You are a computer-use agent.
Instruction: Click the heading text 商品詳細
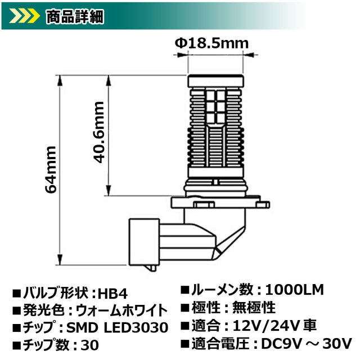coord(71,17)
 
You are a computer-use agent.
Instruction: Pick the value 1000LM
coord(295,290)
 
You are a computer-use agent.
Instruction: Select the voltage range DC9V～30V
coord(307,343)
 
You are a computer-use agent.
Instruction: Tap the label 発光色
coord(39,310)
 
